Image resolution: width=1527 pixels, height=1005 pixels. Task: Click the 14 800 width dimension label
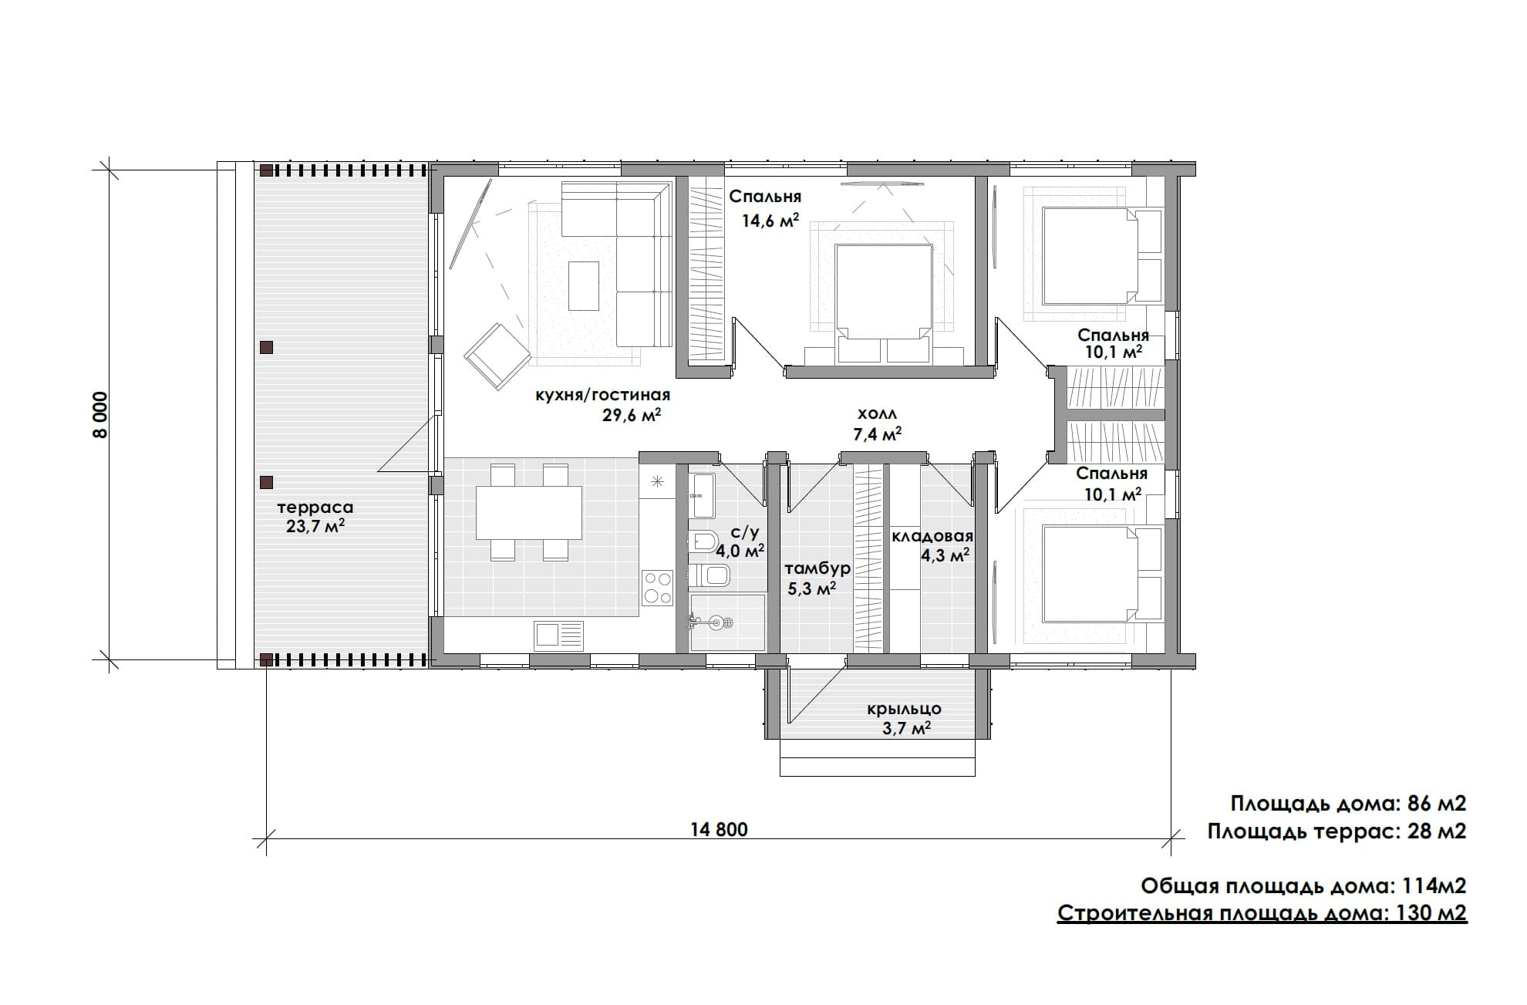(x=719, y=829)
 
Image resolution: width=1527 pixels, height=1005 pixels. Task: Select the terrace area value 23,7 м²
(x=315, y=526)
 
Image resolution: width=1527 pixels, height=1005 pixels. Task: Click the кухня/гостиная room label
(x=603, y=395)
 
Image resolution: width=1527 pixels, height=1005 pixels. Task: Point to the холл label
(x=877, y=414)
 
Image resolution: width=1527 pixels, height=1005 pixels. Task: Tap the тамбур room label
(x=817, y=568)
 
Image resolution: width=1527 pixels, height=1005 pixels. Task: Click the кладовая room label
(x=932, y=536)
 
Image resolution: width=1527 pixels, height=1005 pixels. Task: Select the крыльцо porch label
(x=904, y=709)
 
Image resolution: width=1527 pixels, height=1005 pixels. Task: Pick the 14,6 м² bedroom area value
(x=770, y=221)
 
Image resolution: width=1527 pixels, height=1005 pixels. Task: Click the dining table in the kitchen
(x=528, y=513)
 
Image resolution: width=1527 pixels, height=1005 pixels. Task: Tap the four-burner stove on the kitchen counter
(x=658, y=587)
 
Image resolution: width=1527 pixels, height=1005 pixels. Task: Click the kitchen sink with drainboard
(x=559, y=635)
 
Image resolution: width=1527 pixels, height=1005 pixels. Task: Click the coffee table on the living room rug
(x=584, y=285)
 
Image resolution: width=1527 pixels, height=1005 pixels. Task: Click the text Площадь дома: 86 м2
(x=1348, y=804)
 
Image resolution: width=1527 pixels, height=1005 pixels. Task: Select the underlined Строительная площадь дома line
(x=1262, y=913)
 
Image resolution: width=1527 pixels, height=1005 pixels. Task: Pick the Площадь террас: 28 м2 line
(x=1337, y=831)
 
